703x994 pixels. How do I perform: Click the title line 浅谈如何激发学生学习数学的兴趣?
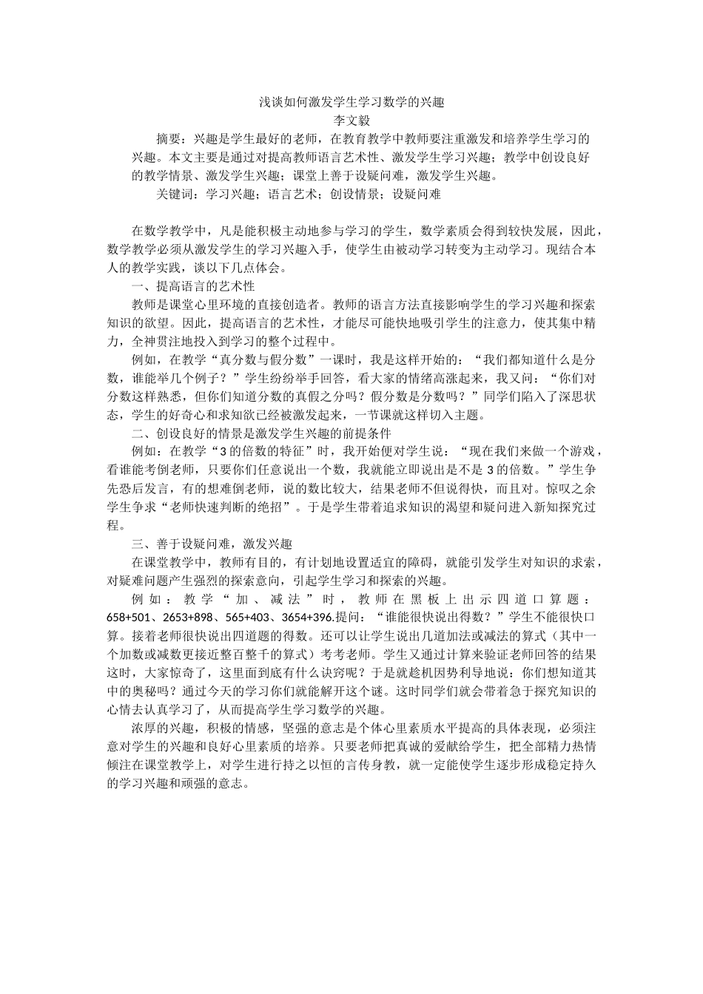click(351, 102)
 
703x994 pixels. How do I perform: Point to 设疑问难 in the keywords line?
click(416, 195)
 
